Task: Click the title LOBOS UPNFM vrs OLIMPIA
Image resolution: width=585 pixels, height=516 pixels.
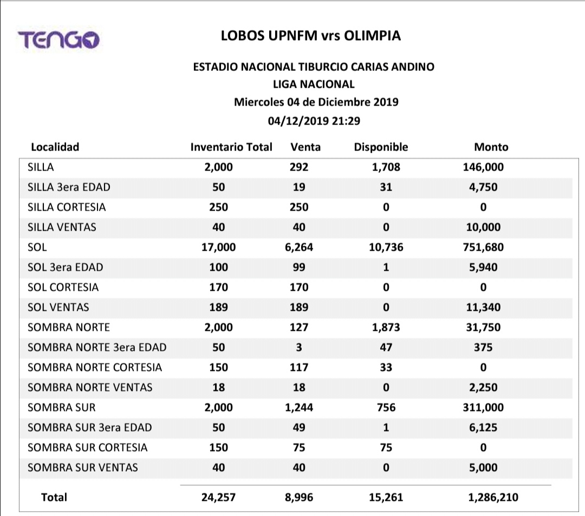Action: (x=311, y=36)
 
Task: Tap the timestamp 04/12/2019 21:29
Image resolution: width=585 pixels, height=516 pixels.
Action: (x=314, y=120)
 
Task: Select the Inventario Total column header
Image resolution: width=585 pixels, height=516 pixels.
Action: (x=231, y=147)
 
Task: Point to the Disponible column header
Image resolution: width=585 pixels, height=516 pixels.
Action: (x=381, y=147)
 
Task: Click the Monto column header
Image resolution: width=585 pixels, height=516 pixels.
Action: (x=491, y=147)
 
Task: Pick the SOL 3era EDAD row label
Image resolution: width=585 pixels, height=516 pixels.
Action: (x=65, y=267)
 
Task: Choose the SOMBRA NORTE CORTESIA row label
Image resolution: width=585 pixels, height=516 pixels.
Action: (x=95, y=367)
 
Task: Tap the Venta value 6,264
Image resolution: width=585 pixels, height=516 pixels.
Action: (x=298, y=247)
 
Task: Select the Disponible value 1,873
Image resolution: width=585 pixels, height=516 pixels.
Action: (x=386, y=327)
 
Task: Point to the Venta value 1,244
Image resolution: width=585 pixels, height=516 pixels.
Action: (x=298, y=407)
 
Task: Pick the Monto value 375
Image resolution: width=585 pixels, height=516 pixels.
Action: (x=483, y=347)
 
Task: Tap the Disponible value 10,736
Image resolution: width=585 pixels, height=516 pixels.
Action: (x=386, y=247)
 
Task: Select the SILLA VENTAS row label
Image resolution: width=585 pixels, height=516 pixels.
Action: (x=62, y=227)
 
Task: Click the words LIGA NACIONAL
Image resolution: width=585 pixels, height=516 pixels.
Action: (x=314, y=84)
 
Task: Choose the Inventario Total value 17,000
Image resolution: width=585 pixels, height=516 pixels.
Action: (x=218, y=247)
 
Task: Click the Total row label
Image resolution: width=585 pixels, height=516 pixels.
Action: (x=54, y=497)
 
